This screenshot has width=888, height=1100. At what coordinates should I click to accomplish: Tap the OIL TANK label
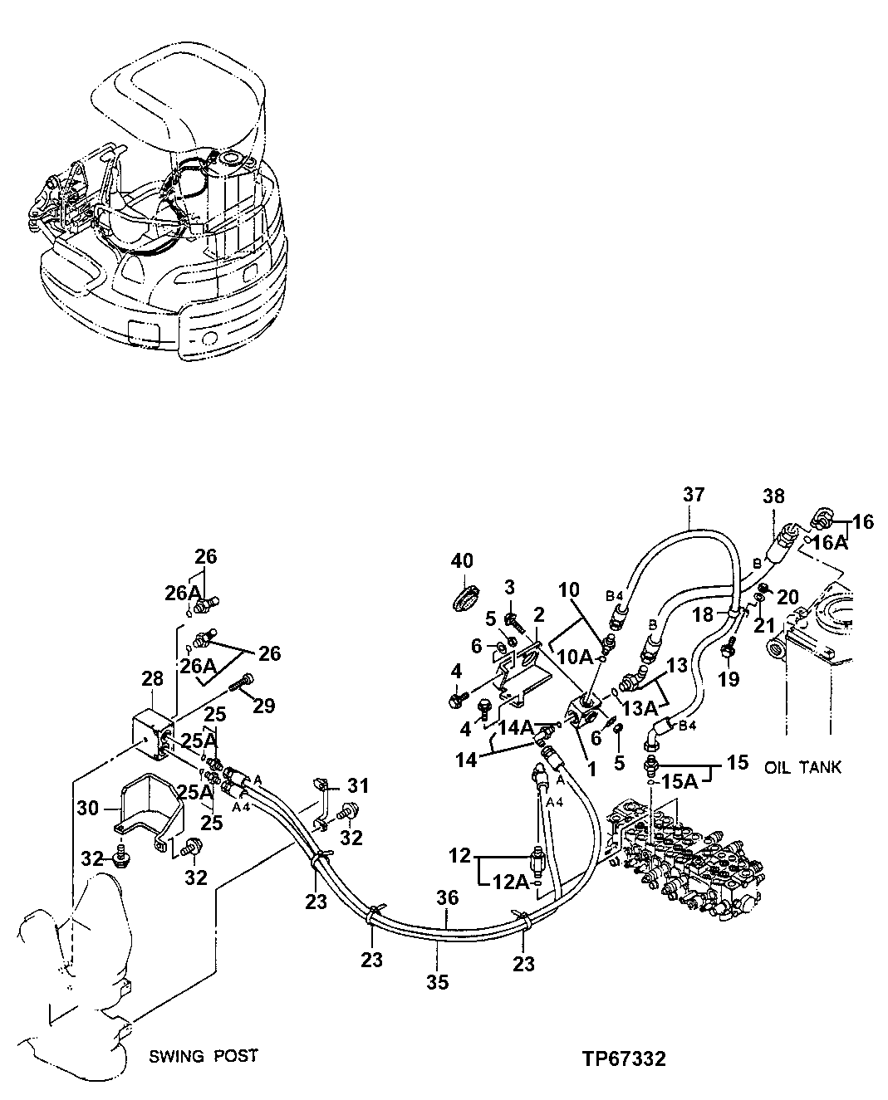tap(802, 768)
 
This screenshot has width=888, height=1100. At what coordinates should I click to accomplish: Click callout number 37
tap(694, 496)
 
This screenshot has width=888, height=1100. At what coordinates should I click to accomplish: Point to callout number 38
tap(773, 496)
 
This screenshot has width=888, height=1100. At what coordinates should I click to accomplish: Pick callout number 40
tap(462, 562)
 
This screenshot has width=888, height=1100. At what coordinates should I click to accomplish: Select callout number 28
tap(152, 680)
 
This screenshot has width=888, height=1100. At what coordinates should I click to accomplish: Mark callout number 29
tap(263, 706)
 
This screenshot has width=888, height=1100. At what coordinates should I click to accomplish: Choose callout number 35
tap(437, 982)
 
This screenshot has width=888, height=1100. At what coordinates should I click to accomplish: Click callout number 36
tap(448, 897)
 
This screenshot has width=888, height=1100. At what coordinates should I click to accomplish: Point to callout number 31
tap(357, 785)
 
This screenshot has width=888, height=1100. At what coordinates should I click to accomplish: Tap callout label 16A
tap(829, 542)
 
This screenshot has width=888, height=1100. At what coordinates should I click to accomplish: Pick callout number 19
tap(728, 680)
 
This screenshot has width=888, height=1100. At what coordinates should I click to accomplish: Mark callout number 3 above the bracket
tap(510, 589)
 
